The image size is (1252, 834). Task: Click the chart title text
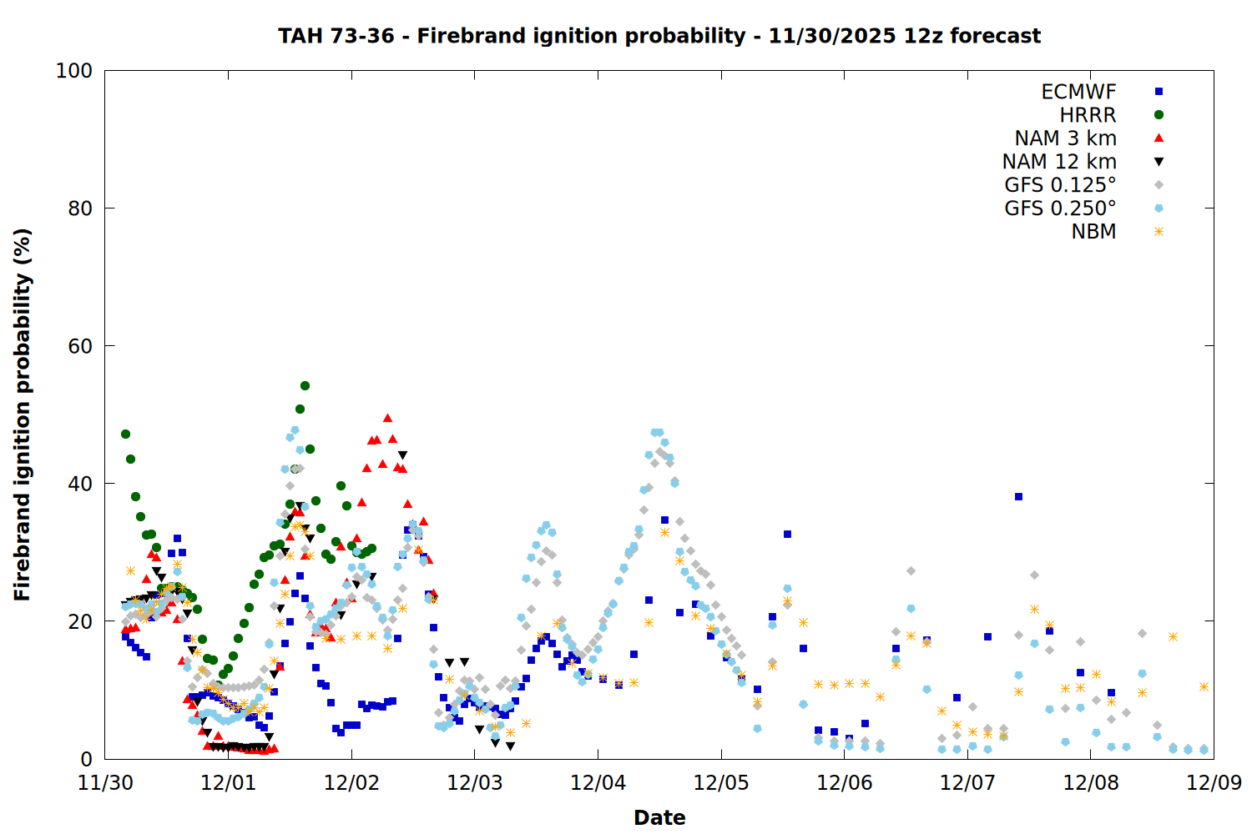659,36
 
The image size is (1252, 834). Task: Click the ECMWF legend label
1078,92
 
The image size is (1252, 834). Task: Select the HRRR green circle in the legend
1159,115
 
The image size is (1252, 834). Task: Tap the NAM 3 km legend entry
1065,138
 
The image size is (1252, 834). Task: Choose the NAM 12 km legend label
1059,162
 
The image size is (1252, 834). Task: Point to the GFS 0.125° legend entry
1060,185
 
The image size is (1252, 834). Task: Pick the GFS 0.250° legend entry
1060,208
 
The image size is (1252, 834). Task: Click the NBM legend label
1093,232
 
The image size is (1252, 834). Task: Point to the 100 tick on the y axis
74,71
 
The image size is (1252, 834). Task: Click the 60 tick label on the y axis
80,346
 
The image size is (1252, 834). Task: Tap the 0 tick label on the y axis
86,759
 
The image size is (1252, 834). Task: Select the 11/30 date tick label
105,783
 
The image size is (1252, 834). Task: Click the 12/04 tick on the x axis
598,783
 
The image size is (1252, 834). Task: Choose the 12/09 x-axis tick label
1214,783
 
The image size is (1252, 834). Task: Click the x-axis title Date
659,817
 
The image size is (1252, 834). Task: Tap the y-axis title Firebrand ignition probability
23,414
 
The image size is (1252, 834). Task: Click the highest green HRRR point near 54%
305,385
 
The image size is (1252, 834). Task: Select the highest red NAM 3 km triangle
387,418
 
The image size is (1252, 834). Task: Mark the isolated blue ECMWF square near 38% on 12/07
1018,496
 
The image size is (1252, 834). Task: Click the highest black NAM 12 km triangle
402,455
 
